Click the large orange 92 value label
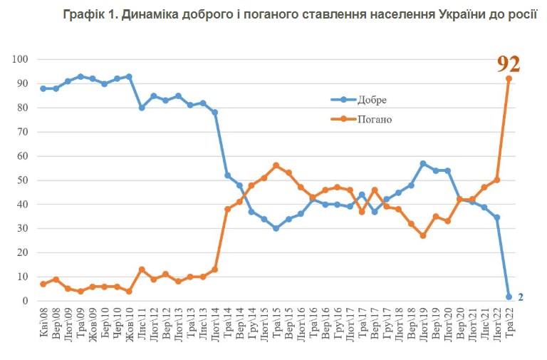508,64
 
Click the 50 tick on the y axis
22,180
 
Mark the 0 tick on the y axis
25,301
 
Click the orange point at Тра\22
509,78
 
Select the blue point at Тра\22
509,297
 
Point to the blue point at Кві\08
43,88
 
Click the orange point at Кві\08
43,284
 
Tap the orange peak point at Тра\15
276,165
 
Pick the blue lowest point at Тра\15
276,228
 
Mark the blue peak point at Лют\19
423,163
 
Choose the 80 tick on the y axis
22,108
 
